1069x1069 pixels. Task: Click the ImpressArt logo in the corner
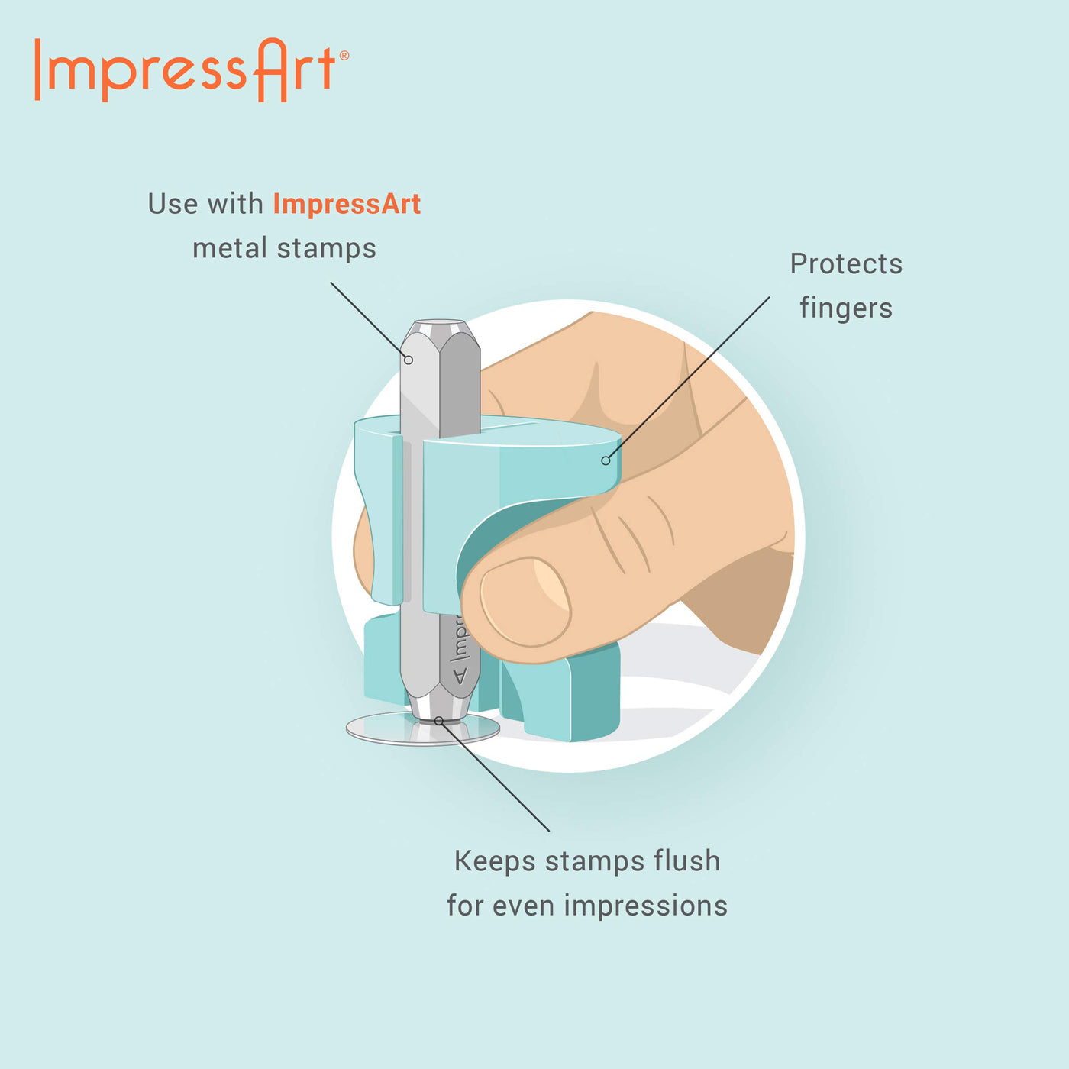tap(192, 70)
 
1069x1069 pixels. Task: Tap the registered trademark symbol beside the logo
tap(344, 56)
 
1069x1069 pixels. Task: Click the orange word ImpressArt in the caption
tap(347, 204)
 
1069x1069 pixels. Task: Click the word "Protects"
tap(846, 263)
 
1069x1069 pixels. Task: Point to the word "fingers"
tap(846, 308)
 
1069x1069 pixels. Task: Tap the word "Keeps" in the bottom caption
tap(495, 861)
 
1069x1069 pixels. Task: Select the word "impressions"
tap(646, 906)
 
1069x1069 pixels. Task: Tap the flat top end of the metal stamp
tap(440, 325)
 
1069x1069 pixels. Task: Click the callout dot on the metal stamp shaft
tap(409, 360)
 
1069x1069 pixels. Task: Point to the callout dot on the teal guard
tap(606, 460)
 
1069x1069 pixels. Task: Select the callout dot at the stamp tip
tap(439, 721)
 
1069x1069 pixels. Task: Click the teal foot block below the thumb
tap(560, 693)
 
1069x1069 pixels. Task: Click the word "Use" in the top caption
tap(173, 204)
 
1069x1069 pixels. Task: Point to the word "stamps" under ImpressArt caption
tap(327, 249)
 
